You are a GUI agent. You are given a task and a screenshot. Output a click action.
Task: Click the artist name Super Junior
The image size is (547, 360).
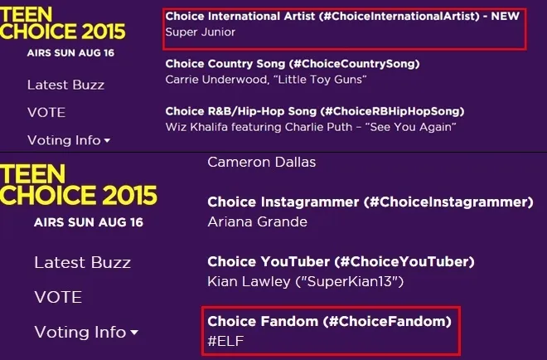coord(201,32)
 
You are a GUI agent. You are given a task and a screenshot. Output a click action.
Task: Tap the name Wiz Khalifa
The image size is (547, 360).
coord(199,127)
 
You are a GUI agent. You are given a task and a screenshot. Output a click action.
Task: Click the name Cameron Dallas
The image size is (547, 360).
coord(262,162)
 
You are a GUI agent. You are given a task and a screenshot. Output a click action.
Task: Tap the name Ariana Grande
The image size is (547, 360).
coord(257,221)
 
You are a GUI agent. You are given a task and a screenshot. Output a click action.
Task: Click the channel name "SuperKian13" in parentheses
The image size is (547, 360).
coord(347,282)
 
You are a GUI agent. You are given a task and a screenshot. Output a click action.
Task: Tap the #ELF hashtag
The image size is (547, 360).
coord(226,341)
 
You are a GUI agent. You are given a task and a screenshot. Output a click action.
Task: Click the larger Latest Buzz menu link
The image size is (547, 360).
coord(82,262)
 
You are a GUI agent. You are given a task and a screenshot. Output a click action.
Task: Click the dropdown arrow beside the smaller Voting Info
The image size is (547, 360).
coord(107,141)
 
